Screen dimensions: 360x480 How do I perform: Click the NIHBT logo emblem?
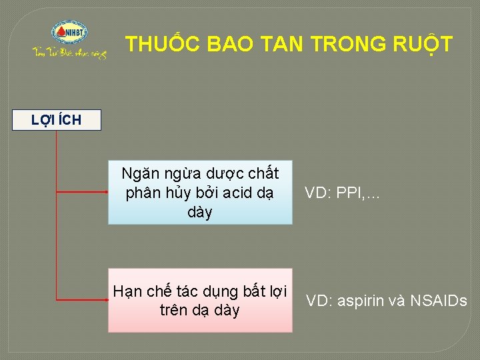click(70, 33)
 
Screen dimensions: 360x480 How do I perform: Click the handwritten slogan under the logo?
click(70, 53)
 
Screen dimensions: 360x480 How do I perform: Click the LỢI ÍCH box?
click(57, 120)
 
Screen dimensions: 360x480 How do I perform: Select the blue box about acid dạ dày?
click(200, 193)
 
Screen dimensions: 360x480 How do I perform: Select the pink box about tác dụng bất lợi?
click(200, 300)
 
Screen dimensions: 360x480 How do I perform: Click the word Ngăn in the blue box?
click(137, 174)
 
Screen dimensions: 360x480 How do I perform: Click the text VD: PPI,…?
click(342, 193)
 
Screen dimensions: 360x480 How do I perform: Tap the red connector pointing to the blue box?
click(81, 192)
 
